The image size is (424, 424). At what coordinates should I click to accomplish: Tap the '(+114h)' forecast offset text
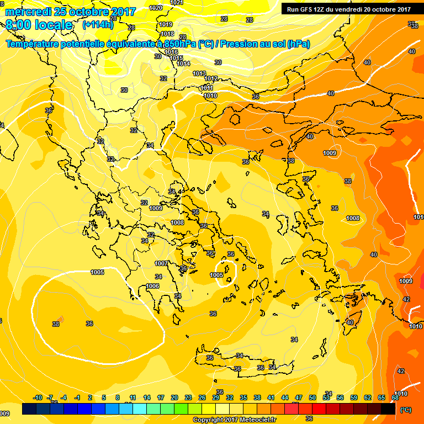coord(98,24)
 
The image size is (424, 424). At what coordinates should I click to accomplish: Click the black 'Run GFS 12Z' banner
coord(348,9)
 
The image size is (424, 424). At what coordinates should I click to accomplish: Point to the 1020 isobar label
coord(156,8)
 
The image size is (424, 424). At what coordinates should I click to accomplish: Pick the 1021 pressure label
coord(176,3)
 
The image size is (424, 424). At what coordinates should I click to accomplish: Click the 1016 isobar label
coord(171,52)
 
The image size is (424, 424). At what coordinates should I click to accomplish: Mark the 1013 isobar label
coord(199,73)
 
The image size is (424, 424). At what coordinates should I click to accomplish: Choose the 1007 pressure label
coord(161,263)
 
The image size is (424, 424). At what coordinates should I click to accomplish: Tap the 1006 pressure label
coord(153,286)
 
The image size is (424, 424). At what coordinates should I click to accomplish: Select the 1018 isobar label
coord(167,34)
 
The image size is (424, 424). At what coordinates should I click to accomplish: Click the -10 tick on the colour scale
coord(38,397)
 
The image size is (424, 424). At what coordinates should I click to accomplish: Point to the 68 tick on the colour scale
coord(395,397)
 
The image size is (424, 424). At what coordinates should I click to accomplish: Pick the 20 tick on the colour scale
coord(174,397)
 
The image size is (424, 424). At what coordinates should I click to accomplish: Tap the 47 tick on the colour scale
coord(299,397)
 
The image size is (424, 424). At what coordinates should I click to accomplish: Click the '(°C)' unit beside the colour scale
coord(406,410)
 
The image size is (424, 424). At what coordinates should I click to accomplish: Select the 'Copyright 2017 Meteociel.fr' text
coord(235,420)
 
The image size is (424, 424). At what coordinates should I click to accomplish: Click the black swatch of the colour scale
coord(388,409)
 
